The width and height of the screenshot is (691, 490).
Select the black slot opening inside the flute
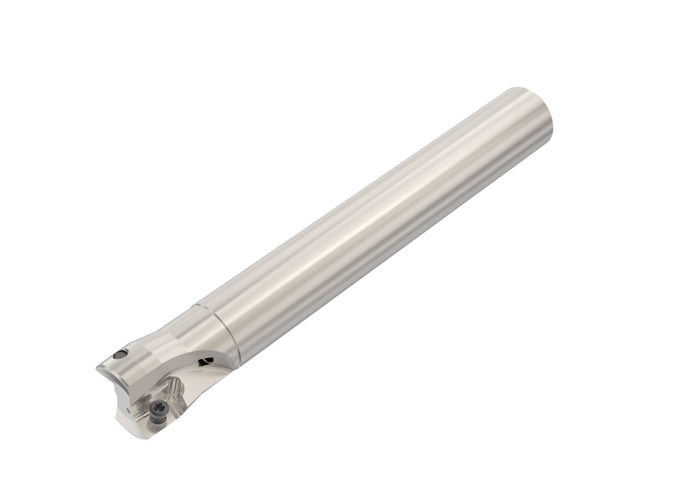[x=206, y=360]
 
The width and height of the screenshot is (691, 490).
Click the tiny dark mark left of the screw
[x=128, y=410]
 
